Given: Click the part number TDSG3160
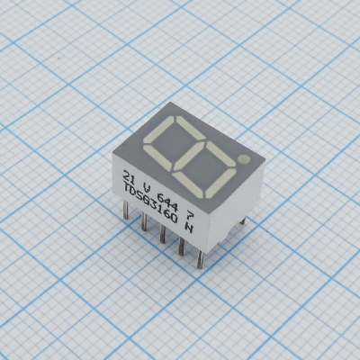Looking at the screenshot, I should click(x=152, y=206).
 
